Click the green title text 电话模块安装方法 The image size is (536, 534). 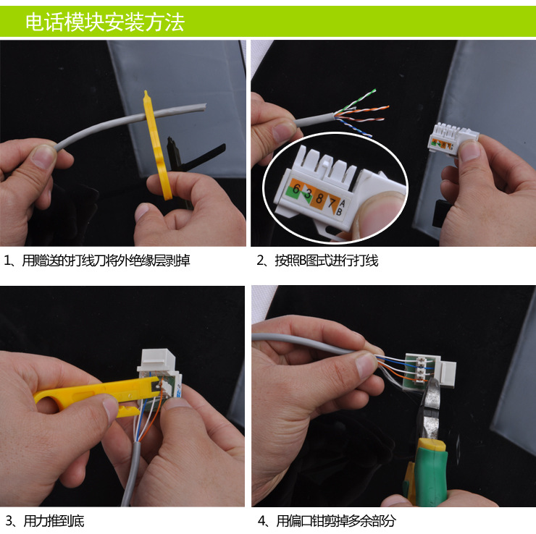click(105, 22)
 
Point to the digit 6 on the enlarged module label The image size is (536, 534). click(296, 188)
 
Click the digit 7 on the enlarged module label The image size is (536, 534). click(331, 203)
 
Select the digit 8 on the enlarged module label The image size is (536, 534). click(319, 198)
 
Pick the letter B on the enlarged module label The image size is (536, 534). click(339, 212)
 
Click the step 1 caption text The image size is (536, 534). click(97, 260)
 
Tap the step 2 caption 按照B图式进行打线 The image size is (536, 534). click(317, 260)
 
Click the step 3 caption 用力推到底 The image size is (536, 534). click(45, 521)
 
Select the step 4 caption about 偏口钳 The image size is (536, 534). click(327, 521)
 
